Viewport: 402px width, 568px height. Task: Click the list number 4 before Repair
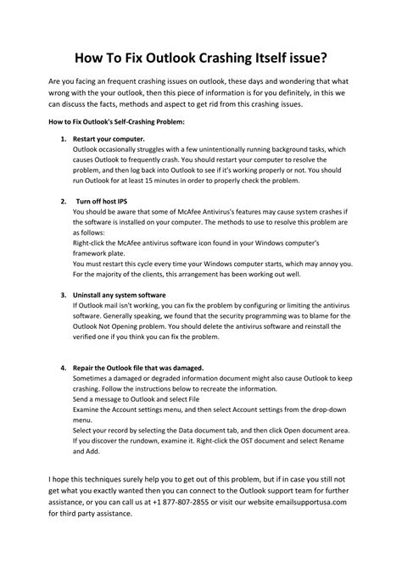pos(63,367)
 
